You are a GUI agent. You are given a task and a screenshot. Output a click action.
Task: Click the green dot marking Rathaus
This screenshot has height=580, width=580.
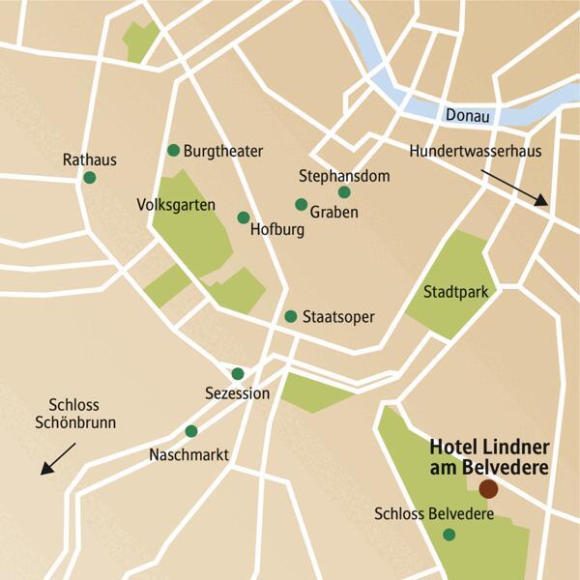click(90, 178)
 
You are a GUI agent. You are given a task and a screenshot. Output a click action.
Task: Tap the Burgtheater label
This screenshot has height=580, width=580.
click(222, 151)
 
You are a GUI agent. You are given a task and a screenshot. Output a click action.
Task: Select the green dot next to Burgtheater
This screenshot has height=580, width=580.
click(174, 150)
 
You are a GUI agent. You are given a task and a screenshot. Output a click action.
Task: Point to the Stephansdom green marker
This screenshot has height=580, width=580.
click(344, 192)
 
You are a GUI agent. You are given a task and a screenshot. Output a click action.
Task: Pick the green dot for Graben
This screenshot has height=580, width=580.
click(301, 205)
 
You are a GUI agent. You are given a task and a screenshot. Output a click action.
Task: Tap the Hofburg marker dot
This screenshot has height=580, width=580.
click(243, 217)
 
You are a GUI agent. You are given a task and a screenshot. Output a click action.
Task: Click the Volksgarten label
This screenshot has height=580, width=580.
click(176, 205)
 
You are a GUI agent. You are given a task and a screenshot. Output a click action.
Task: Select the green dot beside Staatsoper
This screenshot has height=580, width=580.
click(290, 316)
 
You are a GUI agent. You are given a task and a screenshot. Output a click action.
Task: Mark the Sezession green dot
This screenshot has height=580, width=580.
click(238, 374)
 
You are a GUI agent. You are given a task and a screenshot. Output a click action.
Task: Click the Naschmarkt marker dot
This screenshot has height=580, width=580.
click(191, 431)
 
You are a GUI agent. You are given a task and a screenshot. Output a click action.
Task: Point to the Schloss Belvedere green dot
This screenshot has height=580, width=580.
click(449, 535)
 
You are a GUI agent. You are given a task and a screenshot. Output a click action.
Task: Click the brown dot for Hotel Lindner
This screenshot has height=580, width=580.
click(488, 488)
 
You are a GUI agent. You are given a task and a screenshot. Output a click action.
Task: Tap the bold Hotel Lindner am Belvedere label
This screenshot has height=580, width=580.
click(482, 457)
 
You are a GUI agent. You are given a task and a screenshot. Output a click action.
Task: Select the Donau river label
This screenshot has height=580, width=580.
click(468, 116)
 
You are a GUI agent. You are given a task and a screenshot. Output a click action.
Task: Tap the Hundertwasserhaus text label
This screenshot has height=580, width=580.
click(475, 152)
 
